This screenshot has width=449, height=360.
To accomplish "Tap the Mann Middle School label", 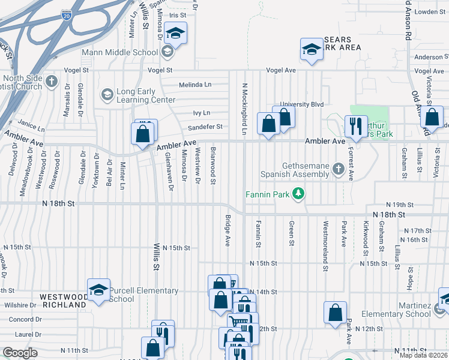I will pyautogui.click(x=128, y=52).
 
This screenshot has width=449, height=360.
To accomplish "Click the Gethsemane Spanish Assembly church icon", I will pyautogui.click(x=339, y=170).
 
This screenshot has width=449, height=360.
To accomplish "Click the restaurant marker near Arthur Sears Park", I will pyautogui.click(x=355, y=126).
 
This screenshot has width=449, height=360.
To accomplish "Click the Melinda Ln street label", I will pyautogui.click(x=196, y=85).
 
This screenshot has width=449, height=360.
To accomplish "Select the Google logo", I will pyautogui.click(x=20, y=353).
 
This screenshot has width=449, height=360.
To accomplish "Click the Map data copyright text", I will pyautogui.click(x=424, y=355).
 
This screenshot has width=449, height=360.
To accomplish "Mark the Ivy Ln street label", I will pyautogui.click(x=202, y=113).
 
